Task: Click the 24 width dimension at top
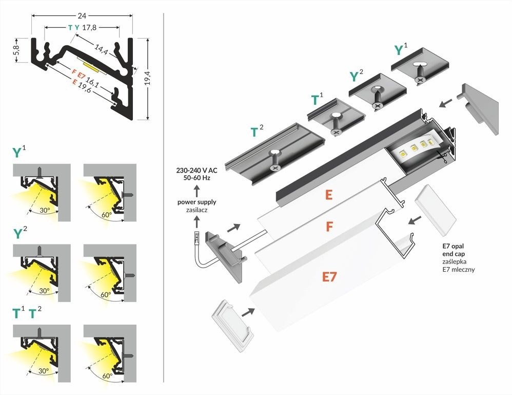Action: (82, 9)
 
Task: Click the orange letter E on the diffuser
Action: (329, 195)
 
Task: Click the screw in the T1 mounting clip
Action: (336, 131)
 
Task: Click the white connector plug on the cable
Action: (196, 238)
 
